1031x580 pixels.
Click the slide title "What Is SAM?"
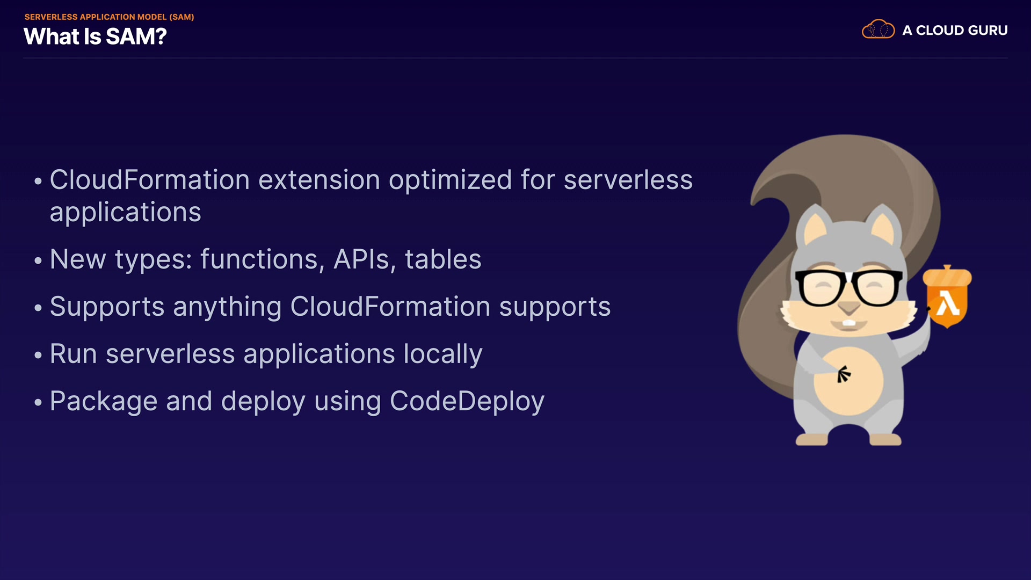95,37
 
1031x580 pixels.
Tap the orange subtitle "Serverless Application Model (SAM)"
109,17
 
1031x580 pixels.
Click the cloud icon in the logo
878,29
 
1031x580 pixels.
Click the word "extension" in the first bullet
319,180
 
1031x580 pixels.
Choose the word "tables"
443,259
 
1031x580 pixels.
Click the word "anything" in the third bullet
227,308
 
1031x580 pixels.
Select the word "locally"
443,355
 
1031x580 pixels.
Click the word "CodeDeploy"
467,402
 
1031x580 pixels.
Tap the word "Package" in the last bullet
104,402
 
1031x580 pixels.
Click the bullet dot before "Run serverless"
38,355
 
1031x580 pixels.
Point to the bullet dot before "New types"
38,260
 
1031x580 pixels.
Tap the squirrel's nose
849,308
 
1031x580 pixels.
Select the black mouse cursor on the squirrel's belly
844,374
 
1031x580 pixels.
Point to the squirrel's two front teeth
849,323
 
